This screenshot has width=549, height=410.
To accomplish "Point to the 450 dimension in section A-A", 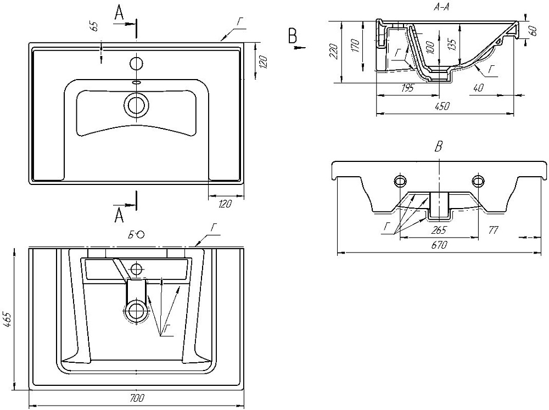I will click(442, 107).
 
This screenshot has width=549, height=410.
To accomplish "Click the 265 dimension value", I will click(439, 230).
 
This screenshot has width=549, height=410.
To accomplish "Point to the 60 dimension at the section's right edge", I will click(532, 31).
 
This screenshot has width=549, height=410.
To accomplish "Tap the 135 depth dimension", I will click(452, 44).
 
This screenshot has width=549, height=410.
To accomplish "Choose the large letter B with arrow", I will click(293, 36).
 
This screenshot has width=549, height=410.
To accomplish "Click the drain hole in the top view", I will click(136, 104).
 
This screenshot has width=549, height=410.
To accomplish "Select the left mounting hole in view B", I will click(401, 181).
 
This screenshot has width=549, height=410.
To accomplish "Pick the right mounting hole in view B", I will click(478, 181).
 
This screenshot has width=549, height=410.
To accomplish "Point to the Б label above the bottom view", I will click(132, 235).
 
